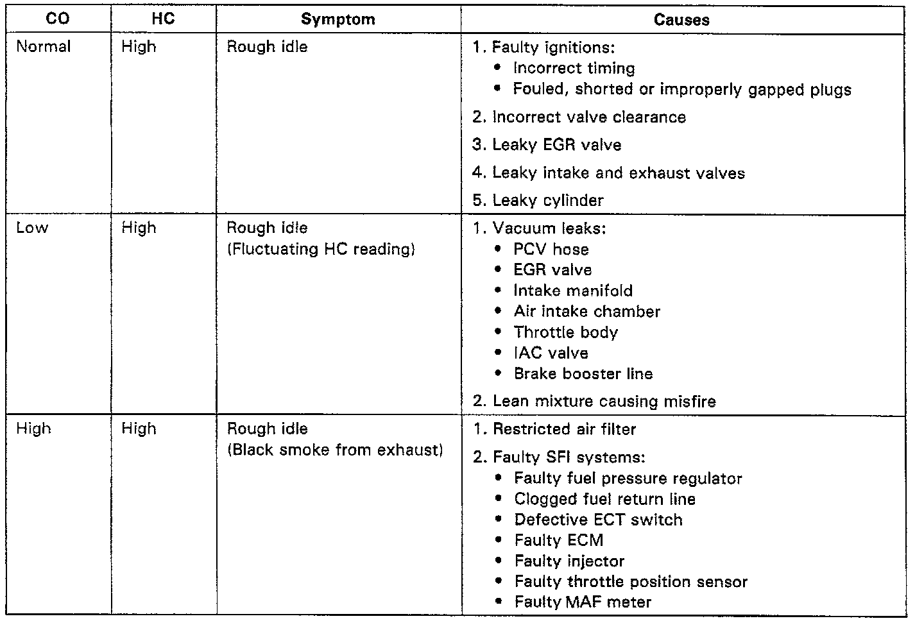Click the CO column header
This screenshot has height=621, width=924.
coord(58,19)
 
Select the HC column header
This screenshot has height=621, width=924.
coord(163,19)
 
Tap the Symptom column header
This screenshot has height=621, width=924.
coord(338,19)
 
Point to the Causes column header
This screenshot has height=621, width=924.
coord(681,19)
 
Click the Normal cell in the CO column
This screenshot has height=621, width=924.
coord(44,47)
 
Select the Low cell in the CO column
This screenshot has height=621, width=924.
coord(32,228)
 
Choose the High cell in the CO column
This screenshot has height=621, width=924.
coord(33,429)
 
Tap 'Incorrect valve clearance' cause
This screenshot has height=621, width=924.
coord(588,117)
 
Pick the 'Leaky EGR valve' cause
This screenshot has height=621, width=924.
coord(556,145)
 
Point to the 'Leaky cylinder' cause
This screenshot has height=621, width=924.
coord(547,200)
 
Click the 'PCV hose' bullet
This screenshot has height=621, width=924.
coord(551,250)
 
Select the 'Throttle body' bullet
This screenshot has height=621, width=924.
coord(565,332)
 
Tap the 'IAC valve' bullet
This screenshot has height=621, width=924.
coord(551,353)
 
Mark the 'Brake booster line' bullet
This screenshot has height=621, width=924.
coord(583,373)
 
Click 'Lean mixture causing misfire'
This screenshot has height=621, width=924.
coord(604,402)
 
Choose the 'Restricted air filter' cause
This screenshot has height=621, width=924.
coord(564,429)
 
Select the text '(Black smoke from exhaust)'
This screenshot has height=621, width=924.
coord(335,450)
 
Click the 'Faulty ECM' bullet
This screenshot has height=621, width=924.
coord(558,540)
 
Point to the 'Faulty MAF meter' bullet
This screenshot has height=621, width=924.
coord(583,602)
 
